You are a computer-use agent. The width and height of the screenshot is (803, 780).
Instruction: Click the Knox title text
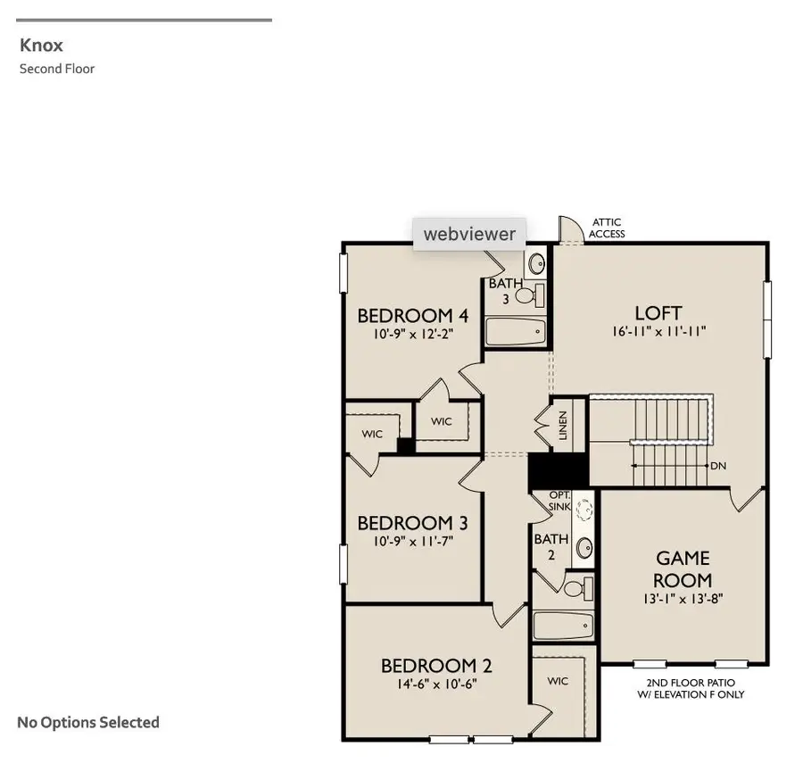41,46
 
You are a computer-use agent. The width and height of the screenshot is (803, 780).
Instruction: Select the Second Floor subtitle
57,69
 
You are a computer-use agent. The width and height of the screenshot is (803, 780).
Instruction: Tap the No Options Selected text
88,722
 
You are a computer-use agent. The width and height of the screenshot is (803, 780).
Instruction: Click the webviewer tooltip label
469,234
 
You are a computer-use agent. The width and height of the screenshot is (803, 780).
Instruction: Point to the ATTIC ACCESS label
607,228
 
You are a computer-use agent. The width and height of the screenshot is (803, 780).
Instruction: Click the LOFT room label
658,313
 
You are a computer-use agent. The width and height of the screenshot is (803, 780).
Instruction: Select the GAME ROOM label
683,568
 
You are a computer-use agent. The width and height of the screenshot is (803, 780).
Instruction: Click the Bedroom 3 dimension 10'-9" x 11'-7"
413,540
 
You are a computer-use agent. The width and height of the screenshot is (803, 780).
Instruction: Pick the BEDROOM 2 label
436,666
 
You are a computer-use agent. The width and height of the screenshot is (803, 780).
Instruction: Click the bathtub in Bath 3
515,332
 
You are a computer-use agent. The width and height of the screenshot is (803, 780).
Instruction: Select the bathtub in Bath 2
563,626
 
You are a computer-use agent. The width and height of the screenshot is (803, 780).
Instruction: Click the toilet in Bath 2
579,587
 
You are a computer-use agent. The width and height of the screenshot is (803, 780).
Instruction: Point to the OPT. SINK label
559,501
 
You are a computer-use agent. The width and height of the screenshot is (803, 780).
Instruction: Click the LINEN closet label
563,426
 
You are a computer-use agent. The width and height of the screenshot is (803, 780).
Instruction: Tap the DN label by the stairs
717,466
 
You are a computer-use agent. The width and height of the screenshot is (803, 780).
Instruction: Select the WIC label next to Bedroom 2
558,681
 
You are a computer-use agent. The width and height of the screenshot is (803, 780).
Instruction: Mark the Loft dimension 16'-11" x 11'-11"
658,332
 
